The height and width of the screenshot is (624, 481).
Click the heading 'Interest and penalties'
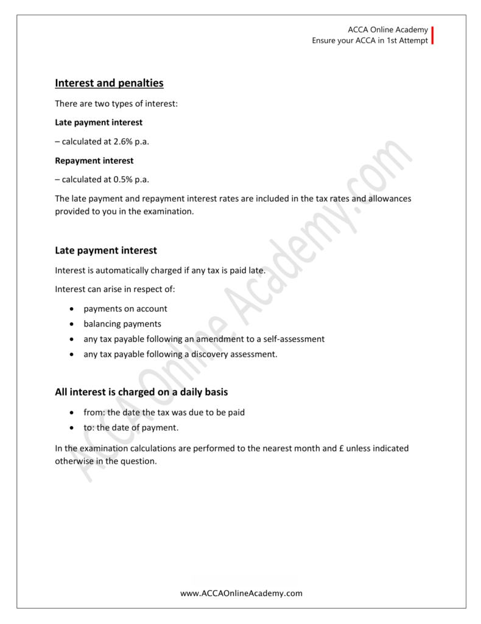(x=110, y=82)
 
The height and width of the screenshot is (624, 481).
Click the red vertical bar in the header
(x=432, y=36)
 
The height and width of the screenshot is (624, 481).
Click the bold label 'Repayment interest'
(x=94, y=161)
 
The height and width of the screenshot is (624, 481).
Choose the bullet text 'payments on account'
(x=125, y=309)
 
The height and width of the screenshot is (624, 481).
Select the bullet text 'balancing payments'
(x=122, y=324)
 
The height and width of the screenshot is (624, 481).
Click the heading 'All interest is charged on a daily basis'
(x=141, y=392)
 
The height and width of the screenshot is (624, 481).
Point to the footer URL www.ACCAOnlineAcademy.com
(x=242, y=593)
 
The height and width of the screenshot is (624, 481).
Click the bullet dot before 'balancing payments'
(x=73, y=324)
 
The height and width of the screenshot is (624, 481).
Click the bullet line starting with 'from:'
(x=164, y=413)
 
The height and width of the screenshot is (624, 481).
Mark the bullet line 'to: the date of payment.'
(x=131, y=428)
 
